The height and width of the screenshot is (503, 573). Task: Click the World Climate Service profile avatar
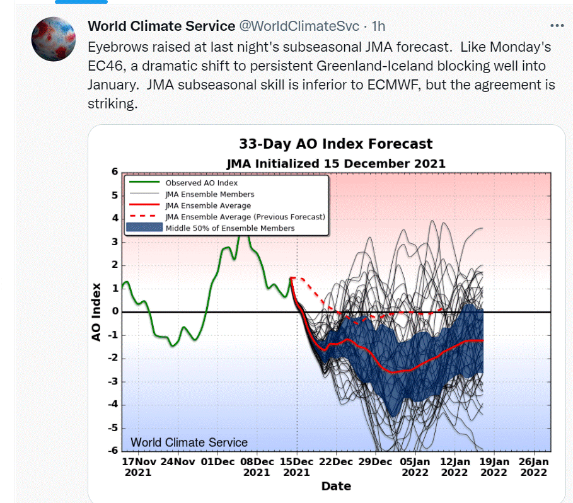tap(54, 39)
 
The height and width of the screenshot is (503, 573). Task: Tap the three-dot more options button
tap(557, 26)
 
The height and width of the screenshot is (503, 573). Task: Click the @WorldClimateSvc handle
tap(299, 26)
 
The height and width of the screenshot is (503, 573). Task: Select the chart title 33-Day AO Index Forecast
tap(336, 144)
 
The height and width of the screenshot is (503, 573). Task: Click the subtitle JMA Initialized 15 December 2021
tap(336, 163)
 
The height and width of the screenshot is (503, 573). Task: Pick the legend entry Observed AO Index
tap(201, 183)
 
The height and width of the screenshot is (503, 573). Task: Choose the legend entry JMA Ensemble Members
tap(210, 194)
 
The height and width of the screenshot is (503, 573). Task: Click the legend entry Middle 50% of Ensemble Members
tap(230, 228)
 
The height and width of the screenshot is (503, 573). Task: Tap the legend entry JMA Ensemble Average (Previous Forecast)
tap(245, 217)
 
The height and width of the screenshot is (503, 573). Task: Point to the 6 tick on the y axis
tap(115, 171)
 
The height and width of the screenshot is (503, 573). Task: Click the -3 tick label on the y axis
tap(113, 381)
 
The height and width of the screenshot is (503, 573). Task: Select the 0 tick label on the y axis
tap(115, 311)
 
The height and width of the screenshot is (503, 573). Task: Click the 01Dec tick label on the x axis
tap(217, 462)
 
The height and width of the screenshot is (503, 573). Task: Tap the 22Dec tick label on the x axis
tap(336, 462)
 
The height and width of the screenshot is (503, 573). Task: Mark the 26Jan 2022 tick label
tap(533, 467)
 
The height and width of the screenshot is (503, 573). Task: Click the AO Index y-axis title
tap(96, 312)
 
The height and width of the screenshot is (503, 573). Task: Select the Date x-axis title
tap(336, 486)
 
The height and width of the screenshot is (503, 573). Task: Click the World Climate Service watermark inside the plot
tap(189, 442)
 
